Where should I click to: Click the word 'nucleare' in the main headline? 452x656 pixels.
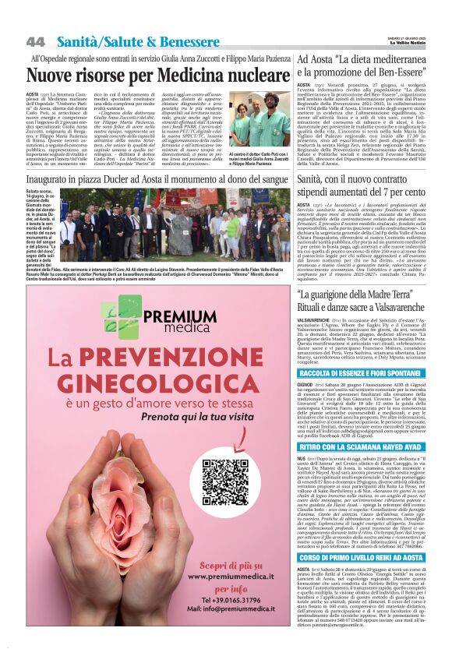[241, 76]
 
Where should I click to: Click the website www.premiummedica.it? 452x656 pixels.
[228, 576]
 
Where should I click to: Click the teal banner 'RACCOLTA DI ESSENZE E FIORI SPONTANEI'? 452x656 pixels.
[371, 373]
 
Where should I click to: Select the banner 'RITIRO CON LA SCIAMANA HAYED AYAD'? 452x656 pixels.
[371, 446]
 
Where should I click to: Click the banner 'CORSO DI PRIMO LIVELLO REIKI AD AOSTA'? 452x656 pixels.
[371, 557]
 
